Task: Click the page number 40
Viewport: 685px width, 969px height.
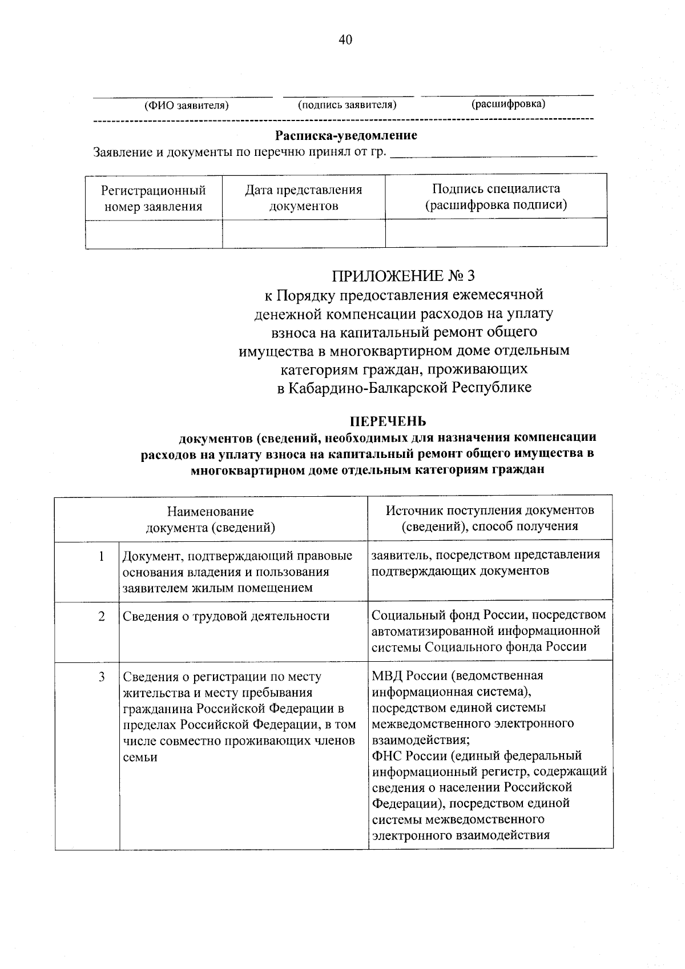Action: (x=345, y=39)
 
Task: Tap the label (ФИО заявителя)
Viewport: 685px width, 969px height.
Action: (x=186, y=106)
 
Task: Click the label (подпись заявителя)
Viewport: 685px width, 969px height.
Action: (x=347, y=105)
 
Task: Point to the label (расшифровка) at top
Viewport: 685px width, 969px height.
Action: (x=507, y=104)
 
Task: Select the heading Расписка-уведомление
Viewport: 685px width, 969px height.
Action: (x=346, y=136)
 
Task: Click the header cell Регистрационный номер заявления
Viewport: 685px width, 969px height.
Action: (x=153, y=198)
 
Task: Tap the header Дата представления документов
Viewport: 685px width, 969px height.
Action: (x=304, y=198)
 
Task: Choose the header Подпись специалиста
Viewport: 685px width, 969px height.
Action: (x=495, y=189)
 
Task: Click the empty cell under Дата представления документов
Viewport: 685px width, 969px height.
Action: (x=304, y=234)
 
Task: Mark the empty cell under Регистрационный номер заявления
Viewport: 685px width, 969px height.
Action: (x=153, y=234)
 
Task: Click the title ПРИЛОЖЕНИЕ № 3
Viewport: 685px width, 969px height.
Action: (x=403, y=276)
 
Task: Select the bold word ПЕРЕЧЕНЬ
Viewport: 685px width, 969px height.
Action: (x=388, y=421)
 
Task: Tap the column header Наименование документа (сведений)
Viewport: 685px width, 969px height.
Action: (x=211, y=519)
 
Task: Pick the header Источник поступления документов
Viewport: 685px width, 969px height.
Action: (x=490, y=510)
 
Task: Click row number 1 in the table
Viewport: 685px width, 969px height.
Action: (x=102, y=556)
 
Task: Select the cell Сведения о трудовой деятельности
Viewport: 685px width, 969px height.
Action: (x=226, y=616)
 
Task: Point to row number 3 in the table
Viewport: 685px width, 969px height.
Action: (x=102, y=677)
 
